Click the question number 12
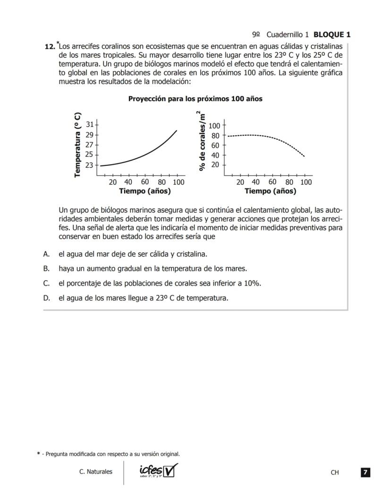(49, 47)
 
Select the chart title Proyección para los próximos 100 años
(195, 99)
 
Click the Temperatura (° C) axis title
(78, 145)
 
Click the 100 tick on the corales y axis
(215, 126)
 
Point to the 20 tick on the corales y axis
(215, 165)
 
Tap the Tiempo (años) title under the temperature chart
(145, 191)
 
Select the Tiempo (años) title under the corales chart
(270, 191)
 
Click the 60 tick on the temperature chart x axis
(145, 182)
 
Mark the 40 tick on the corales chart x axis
(256, 182)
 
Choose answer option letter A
(46, 254)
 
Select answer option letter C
(46, 283)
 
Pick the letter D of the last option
(46, 298)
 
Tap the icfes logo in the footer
(159, 471)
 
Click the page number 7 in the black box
(365, 472)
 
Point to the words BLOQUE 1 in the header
(332, 35)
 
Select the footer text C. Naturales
(96, 472)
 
